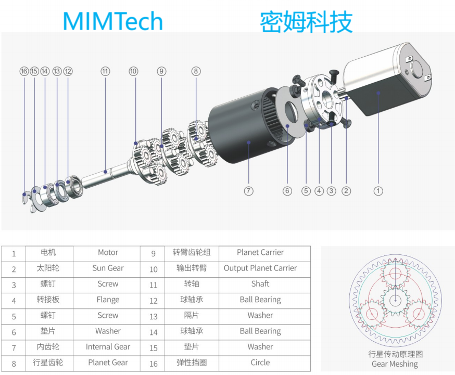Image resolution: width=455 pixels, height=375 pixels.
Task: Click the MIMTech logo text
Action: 112,21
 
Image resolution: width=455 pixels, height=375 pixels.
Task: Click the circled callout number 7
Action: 248,191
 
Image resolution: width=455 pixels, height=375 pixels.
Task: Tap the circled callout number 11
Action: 105,71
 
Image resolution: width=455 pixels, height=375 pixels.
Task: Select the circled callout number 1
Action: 378,191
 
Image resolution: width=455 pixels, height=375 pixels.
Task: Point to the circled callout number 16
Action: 24,71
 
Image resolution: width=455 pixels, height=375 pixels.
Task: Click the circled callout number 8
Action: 196,71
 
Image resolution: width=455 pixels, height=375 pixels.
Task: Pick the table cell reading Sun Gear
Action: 108,268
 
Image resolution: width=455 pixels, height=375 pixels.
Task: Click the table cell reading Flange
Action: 108,300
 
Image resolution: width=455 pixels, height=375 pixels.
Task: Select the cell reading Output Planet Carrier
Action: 260,268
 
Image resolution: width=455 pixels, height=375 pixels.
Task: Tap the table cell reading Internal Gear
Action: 108,347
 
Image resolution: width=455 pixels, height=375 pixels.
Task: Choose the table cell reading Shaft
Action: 260,284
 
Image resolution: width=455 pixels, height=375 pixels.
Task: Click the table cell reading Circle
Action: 260,363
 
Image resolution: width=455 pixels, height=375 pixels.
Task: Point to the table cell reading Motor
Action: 108,253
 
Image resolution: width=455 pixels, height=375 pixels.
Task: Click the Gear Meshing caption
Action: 395,364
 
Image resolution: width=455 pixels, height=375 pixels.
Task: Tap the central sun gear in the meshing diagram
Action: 395,301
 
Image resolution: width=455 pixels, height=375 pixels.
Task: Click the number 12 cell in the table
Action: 153,301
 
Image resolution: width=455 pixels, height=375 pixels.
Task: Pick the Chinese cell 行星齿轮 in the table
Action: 48,363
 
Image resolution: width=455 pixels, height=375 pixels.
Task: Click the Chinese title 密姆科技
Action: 306,22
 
